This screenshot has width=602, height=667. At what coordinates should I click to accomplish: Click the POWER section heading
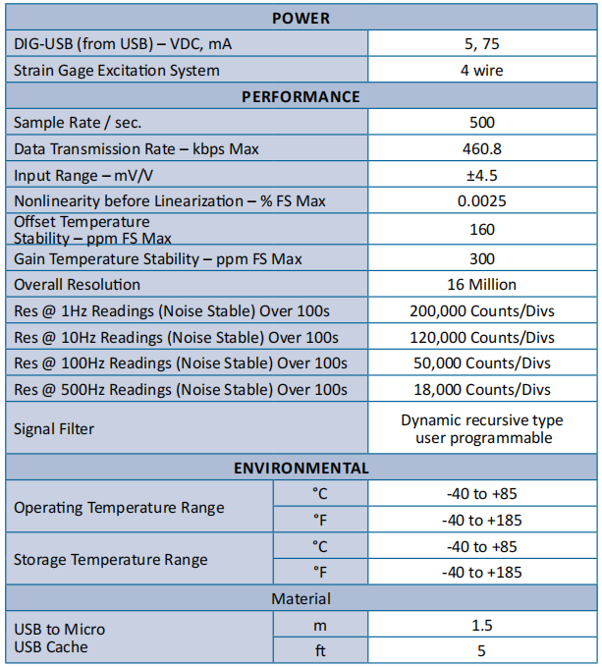(x=301, y=18)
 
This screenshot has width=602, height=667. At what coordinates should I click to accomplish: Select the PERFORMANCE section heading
(x=301, y=96)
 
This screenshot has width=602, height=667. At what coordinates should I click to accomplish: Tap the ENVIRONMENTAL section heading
(x=301, y=468)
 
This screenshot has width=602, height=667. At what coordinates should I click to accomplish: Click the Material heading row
(x=301, y=598)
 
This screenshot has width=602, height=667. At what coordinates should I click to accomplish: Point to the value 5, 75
(x=482, y=44)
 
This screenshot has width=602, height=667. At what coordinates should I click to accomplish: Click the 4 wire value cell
(x=482, y=71)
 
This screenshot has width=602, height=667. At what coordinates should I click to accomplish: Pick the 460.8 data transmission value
(x=482, y=148)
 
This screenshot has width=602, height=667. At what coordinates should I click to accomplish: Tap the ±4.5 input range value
(x=482, y=175)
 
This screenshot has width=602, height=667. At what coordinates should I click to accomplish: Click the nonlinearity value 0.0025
(x=482, y=200)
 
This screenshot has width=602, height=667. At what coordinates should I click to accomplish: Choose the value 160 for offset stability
(x=482, y=230)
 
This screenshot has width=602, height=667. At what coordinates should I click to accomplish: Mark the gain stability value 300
(x=482, y=258)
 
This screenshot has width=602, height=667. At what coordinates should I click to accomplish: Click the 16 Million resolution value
(x=482, y=284)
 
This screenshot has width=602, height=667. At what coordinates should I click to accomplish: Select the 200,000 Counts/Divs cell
(x=482, y=310)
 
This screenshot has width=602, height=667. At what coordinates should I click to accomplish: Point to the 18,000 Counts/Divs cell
(x=482, y=389)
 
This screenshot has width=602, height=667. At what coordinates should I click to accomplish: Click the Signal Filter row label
(x=55, y=429)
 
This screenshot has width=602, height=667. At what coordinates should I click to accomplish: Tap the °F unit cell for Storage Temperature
(x=319, y=572)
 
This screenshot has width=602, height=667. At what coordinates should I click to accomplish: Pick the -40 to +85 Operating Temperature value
(x=482, y=494)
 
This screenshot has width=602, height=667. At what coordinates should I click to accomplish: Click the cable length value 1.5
(x=482, y=625)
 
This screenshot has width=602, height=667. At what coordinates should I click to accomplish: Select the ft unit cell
(x=319, y=650)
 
